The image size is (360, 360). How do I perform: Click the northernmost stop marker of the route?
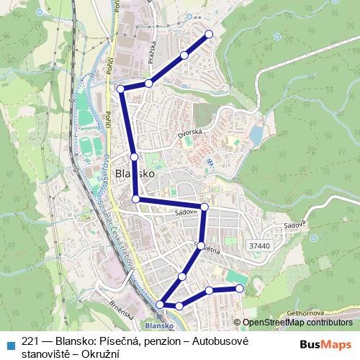(x=210, y=34)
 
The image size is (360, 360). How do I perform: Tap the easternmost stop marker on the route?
(x=240, y=289)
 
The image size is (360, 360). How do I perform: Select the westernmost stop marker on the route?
(x=121, y=89)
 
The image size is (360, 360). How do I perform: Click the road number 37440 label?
(x=257, y=246)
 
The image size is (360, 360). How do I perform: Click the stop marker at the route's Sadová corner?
(x=204, y=207)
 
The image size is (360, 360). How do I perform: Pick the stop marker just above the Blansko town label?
(x=135, y=156)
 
